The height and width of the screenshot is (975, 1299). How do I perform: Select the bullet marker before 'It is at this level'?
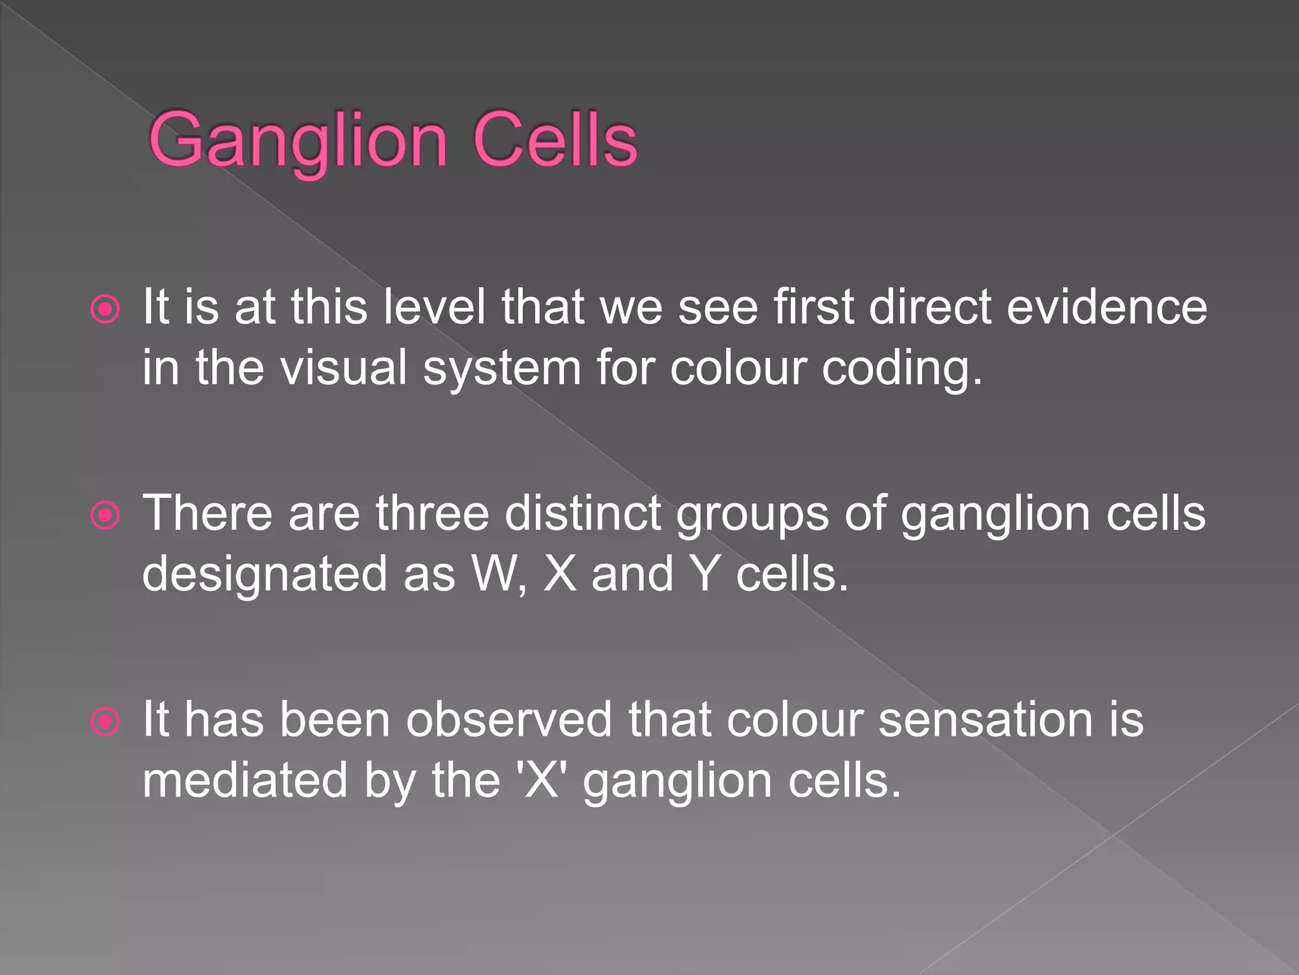105,310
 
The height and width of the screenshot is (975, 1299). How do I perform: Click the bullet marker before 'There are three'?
105,515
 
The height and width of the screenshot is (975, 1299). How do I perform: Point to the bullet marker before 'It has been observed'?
105,722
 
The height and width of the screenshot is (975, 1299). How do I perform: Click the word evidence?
1106,308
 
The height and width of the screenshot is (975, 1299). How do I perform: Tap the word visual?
344,368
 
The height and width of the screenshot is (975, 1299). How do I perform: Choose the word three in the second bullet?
432,513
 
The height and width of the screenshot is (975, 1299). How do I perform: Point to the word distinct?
584,513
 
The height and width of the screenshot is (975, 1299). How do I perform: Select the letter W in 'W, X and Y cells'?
495,574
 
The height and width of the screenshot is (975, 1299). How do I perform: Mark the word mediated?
245,781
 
